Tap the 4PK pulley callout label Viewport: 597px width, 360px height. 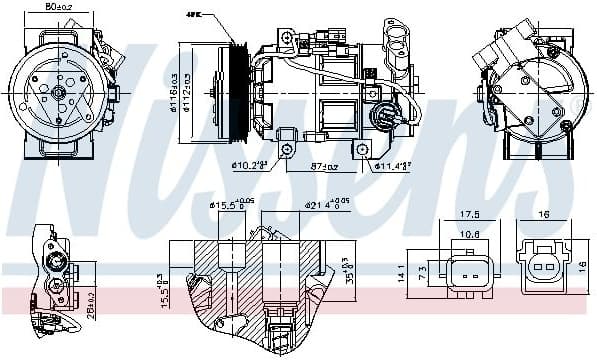[x=193, y=15]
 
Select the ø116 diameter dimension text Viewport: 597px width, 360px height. [x=174, y=90]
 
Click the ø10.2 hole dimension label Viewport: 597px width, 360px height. [x=250, y=165]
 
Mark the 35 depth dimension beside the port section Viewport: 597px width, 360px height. [x=350, y=270]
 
